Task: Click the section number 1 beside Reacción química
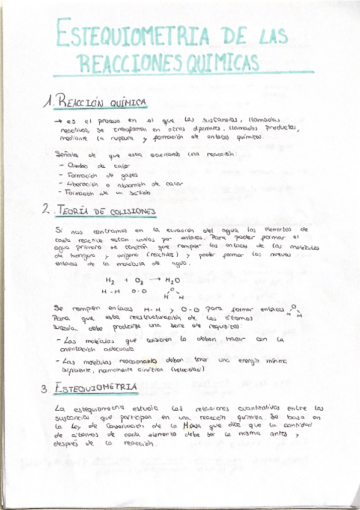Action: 47,103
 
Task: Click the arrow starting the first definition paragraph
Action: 58,121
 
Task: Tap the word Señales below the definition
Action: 66,155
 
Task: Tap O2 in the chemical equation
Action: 139,280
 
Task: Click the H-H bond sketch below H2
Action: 110,292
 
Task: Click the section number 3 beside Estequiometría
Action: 44,389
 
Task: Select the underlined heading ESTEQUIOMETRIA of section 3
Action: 96,388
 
